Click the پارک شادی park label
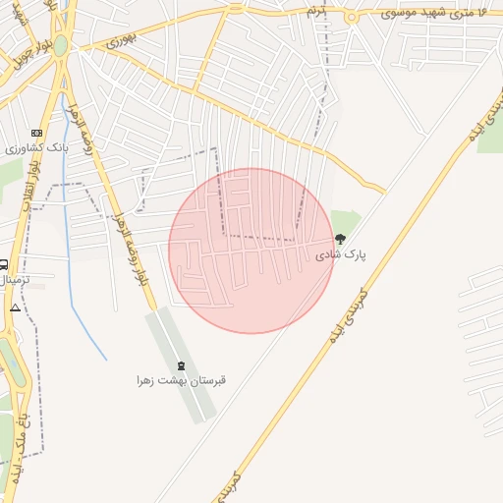click(x=340, y=254)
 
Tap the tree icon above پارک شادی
click(x=341, y=239)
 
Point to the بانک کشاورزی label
click(x=34, y=148)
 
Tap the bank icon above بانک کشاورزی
click(x=37, y=134)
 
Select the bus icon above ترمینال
click(x=4, y=265)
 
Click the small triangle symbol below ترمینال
click(x=15, y=307)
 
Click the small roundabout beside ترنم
click(x=351, y=16)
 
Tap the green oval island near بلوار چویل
click(x=61, y=45)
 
